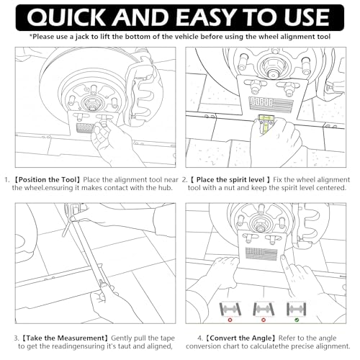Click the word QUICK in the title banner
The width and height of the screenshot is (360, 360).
(x=66, y=17)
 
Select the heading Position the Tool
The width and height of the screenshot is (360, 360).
(x=47, y=180)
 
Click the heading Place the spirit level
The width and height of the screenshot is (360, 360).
(x=230, y=180)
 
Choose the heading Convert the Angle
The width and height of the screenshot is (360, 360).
(x=240, y=338)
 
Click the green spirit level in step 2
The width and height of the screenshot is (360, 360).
(x=265, y=125)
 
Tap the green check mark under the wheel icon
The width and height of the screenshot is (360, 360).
(x=297, y=320)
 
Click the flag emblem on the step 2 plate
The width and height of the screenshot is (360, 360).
(x=271, y=104)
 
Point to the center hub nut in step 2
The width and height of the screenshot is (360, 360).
(x=272, y=70)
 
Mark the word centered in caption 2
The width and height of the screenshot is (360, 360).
(x=331, y=188)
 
